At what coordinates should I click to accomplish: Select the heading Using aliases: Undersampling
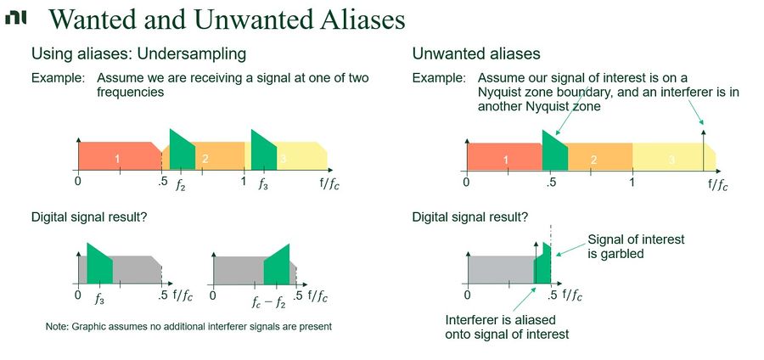tap(138, 53)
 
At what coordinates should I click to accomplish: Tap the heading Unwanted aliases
tap(476, 53)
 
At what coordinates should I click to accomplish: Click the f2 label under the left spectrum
tap(180, 183)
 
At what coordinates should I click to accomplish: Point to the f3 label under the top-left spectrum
tap(264, 183)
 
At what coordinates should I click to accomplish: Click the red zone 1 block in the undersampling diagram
tap(117, 157)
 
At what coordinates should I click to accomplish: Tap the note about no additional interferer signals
tap(188, 326)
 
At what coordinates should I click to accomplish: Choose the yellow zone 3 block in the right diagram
tap(671, 159)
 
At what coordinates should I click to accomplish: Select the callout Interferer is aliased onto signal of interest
tap(507, 327)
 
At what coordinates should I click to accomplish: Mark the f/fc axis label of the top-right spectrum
tap(716, 185)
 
